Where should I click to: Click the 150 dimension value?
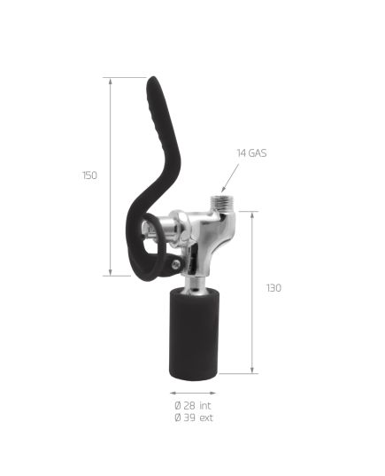pyautogui.click(x=89, y=176)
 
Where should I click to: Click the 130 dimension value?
pyautogui.click(x=273, y=288)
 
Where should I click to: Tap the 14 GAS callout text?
pyautogui.click(x=251, y=153)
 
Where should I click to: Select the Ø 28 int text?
pyautogui.click(x=193, y=405)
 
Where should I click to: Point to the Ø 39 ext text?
pyautogui.click(x=194, y=417)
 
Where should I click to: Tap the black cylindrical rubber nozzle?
pyautogui.click(x=194, y=334)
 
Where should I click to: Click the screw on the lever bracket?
pyautogui.click(x=176, y=265)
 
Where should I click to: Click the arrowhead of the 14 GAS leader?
pyautogui.click(x=223, y=190)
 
